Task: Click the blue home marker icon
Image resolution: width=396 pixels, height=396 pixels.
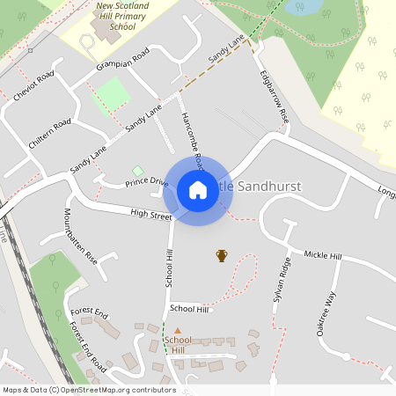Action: click(197, 189)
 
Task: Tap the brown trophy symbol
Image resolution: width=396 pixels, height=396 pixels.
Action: click(222, 255)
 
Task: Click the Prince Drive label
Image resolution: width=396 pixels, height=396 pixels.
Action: click(146, 182)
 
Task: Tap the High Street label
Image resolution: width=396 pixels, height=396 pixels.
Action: click(150, 214)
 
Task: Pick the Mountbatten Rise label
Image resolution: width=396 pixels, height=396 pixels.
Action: click(80, 238)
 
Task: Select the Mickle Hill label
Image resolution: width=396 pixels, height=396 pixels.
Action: click(322, 255)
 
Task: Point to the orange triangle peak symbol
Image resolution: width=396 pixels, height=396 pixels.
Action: click(177, 331)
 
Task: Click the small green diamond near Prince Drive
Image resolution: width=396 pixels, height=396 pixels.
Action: click(137, 170)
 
